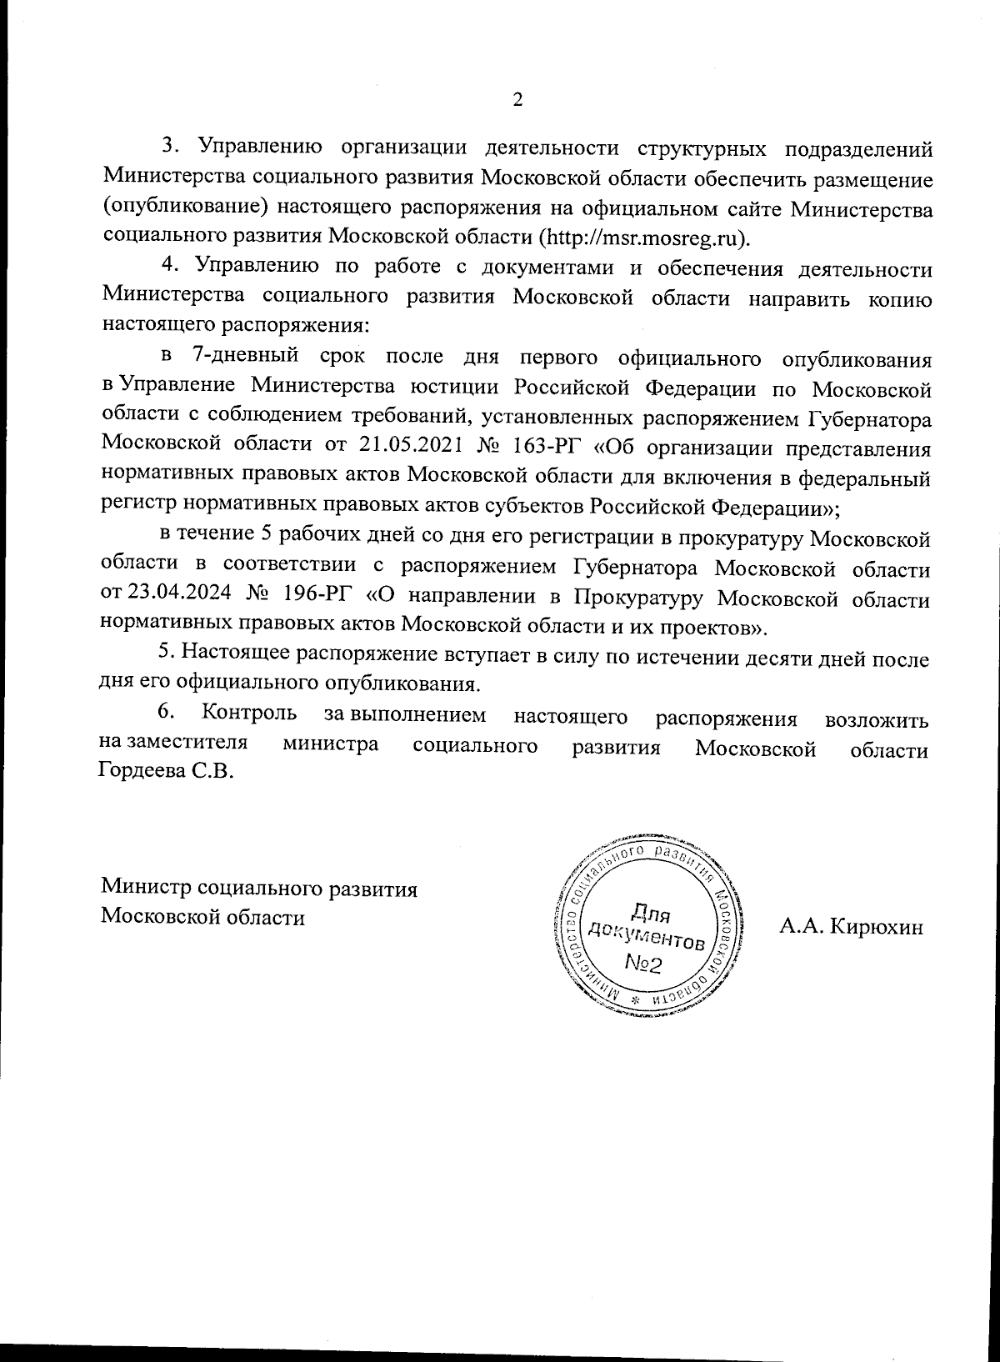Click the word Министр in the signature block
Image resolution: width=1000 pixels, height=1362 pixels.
click(146, 889)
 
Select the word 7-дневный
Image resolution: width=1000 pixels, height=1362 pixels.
click(244, 357)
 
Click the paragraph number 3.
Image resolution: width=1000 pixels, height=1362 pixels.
click(168, 146)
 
